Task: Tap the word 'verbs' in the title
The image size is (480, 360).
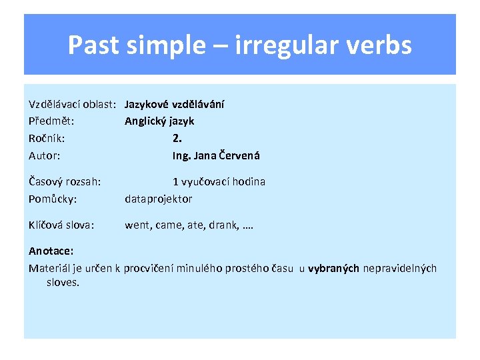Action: tap(382, 45)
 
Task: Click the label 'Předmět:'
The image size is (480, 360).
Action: tap(51, 121)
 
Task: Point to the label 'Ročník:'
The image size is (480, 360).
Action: tap(47, 139)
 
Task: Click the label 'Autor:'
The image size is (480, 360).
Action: tap(45, 156)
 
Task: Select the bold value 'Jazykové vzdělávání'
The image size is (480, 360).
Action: tap(175, 104)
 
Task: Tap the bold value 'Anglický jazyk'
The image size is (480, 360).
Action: tap(159, 121)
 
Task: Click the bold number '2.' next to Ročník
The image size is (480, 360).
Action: tap(177, 139)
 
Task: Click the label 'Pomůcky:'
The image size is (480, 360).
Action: tap(53, 199)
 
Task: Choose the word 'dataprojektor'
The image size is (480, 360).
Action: tap(159, 199)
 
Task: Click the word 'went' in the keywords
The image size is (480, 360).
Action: tap(137, 225)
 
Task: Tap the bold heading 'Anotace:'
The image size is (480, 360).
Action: tap(51, 251)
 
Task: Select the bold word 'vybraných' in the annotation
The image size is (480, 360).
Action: tap(333, 269)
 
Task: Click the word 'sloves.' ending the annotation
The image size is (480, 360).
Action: tap(63, 283)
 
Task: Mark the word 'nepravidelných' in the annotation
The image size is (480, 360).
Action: tap(400, 269)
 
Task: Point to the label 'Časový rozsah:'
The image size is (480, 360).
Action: tap(65, 182)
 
